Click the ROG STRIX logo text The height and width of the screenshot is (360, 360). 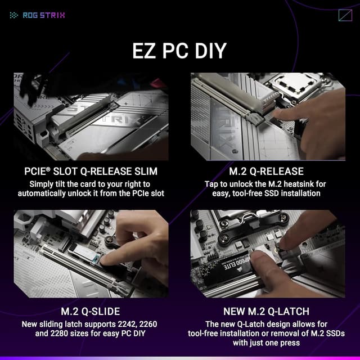[x=44, y=15]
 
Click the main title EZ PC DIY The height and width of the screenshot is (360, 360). [x=179, y=50]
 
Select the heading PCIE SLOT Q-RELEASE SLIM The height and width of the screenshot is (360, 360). [x=91, y=172]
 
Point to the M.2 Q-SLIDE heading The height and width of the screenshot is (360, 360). [x=91, y=311]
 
